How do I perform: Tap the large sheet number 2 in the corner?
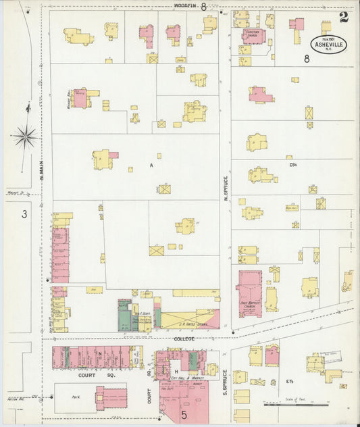coord(344,17)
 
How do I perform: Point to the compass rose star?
coord(25,137)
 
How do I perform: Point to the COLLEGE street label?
coord(184,338)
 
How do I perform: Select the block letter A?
coord(151,165)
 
